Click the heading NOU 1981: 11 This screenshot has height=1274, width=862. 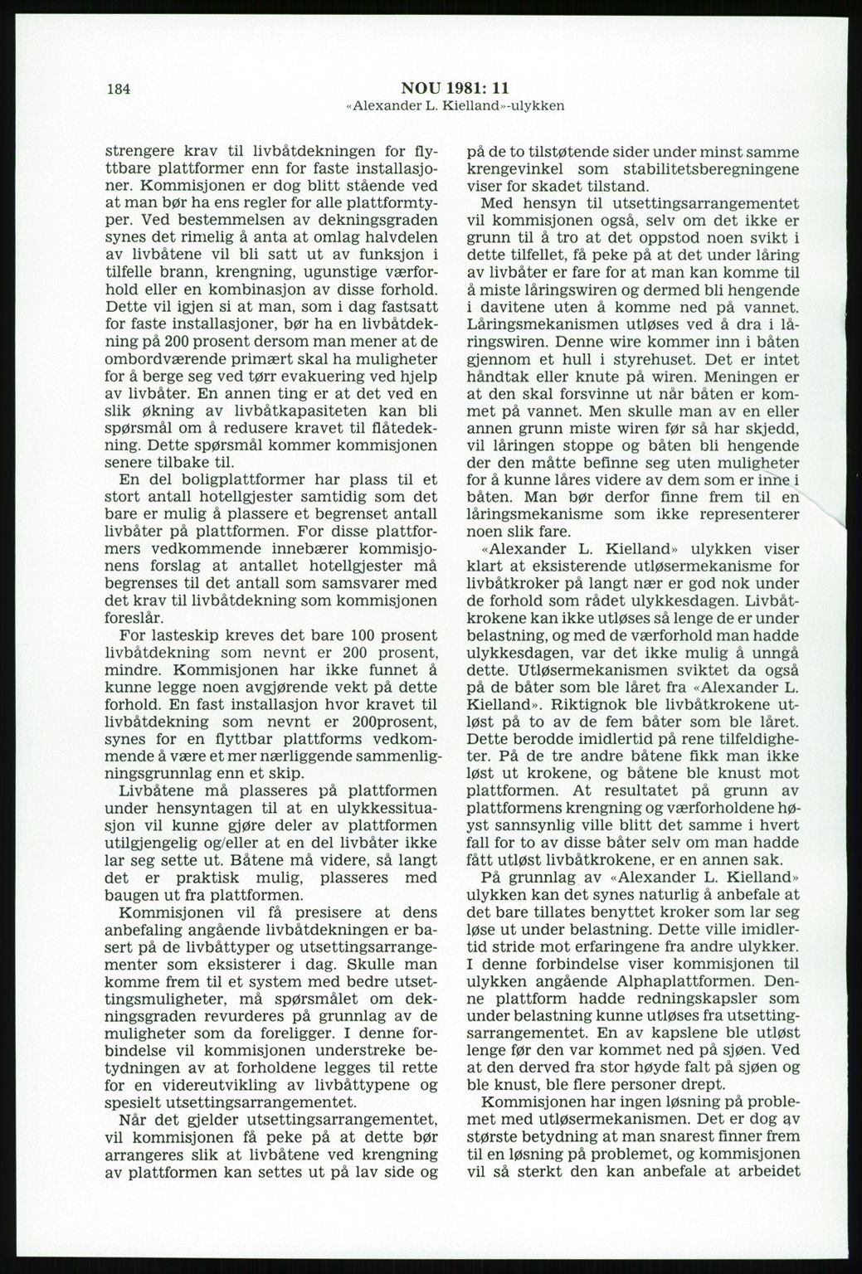pyautogui.click(x=455, y=89)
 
